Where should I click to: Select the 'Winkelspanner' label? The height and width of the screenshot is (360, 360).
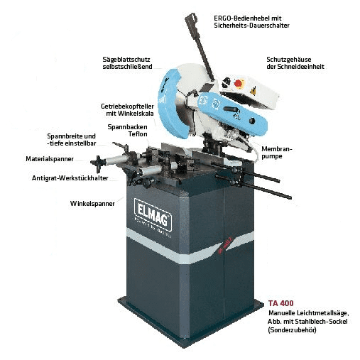[x=93, y=204]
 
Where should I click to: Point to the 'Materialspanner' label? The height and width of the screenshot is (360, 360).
[x=50, y=160]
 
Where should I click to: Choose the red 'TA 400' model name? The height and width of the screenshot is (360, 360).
[x=281, y=302]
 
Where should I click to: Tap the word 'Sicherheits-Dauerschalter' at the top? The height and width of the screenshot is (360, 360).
[x=256, y=25]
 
